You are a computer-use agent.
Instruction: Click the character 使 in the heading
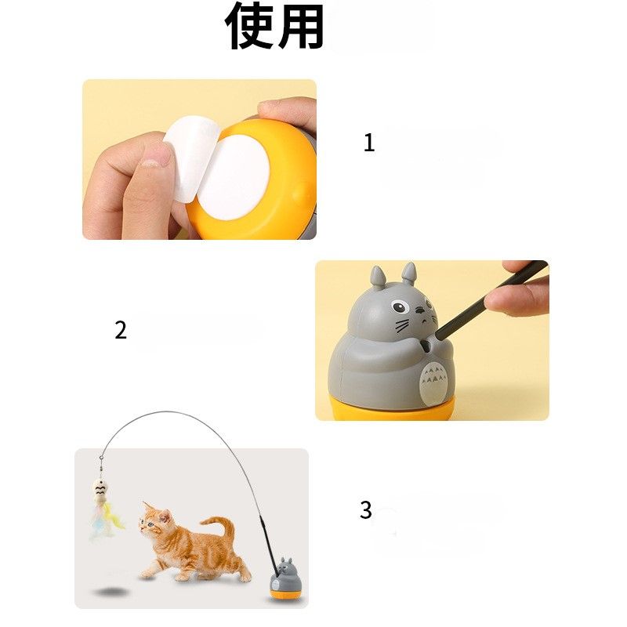click(x=250, y=26)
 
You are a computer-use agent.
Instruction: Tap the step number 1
click(x=369, y=143)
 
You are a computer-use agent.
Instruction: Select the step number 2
click(x=121, y=330)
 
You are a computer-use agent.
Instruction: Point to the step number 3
click(x=366, y=510)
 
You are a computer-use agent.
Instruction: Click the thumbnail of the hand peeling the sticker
click(x=199, y=160)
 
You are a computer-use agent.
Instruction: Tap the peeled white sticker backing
click(x=192, y=158)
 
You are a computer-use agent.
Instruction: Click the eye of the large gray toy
click(x=400, y=307)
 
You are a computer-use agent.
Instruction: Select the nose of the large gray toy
click(x=420, y=310)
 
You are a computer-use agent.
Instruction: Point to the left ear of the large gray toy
click(x=377, y=277)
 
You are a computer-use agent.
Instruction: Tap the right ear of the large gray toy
click(x=408, y=274)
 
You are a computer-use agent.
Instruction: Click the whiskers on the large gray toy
click(x=403, y=325)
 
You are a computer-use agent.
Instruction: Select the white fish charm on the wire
click(x=100, y=492)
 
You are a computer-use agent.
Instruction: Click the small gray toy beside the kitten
click(x=285, y=578)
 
